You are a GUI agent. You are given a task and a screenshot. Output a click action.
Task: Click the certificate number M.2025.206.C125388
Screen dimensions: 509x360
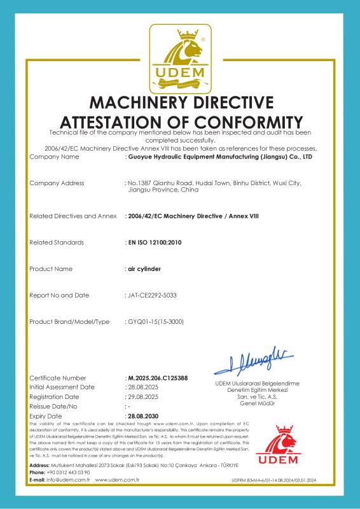tap(158, 378)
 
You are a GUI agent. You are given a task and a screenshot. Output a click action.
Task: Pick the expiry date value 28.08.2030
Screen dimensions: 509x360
tap(143, 415)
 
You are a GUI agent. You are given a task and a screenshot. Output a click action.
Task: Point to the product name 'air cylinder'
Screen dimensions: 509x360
tap(142, 268)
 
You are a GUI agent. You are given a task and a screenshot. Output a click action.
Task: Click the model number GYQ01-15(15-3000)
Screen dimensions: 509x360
tap(156, 322)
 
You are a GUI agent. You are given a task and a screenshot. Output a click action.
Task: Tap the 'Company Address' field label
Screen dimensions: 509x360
tap(57, 183)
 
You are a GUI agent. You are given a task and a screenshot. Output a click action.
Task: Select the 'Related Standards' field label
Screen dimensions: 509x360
tap(57, 242)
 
